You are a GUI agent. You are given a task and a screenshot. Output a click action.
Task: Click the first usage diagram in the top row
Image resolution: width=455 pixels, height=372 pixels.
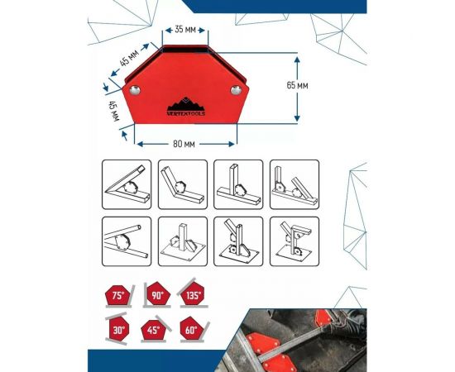pos(126,184)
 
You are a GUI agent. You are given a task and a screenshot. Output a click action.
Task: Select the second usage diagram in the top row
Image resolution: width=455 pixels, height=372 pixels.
pos(182,184)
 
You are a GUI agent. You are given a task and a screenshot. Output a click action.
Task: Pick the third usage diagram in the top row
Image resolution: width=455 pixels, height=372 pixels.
pos(237,184)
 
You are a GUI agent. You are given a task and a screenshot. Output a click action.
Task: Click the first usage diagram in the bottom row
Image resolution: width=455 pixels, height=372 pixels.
pos(126,241)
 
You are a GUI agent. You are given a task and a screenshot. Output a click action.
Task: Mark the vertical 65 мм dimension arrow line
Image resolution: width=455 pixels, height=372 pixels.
pos(295,86)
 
